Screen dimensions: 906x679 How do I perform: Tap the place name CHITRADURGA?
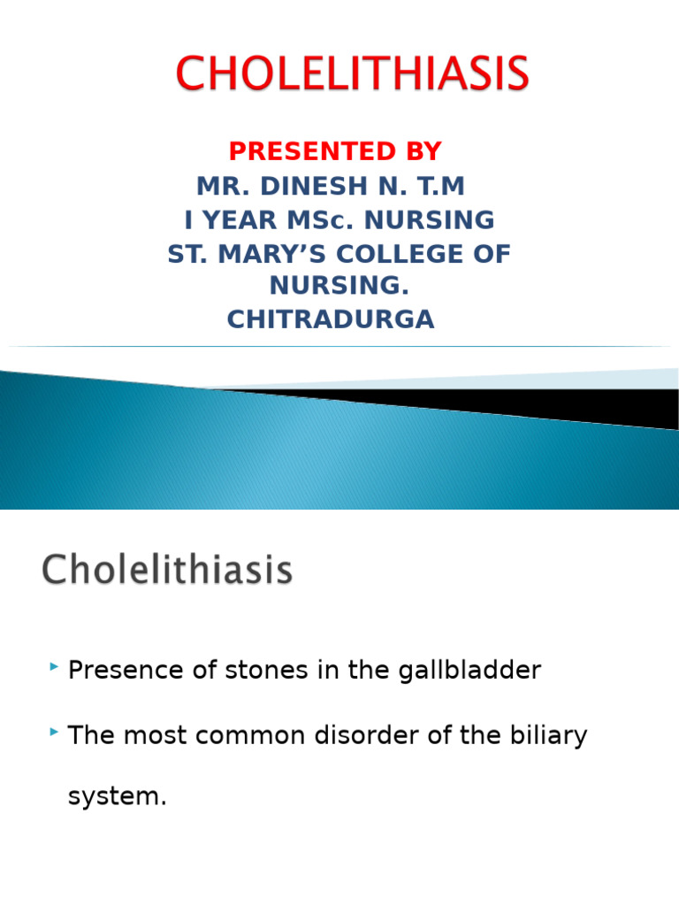[x=331, y=319]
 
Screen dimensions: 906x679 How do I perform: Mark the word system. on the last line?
[x=117, y=796]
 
